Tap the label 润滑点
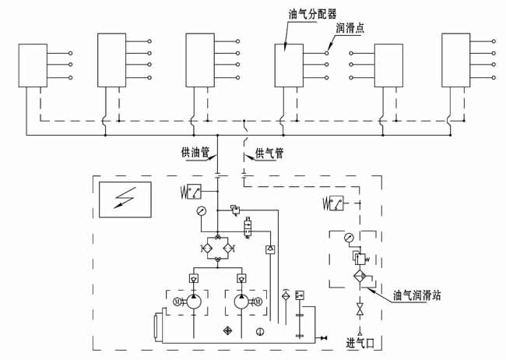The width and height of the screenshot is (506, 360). point(351,30)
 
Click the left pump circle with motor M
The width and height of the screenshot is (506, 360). point(195,302)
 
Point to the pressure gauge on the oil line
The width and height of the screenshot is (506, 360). point(201,211)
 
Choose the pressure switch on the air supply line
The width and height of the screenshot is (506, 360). point(336,204)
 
